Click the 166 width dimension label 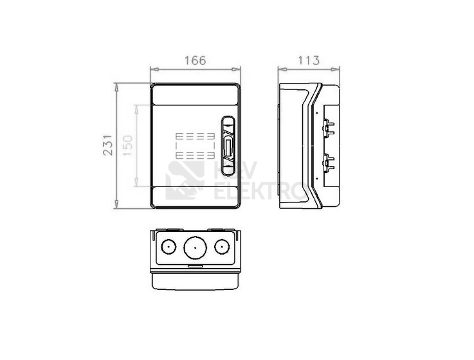(x=196, y=60)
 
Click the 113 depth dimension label (x=309, y=60)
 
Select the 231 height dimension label (x=108, y=145)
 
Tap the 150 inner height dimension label (x=128, y=145)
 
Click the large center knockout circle (x=195, y=248)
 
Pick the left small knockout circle (x=169, y=247)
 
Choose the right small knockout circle (x=222, y=247)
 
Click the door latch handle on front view (x=228, y=146)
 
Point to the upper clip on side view (x=328, y=128)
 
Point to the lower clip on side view (x=328, y=163)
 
